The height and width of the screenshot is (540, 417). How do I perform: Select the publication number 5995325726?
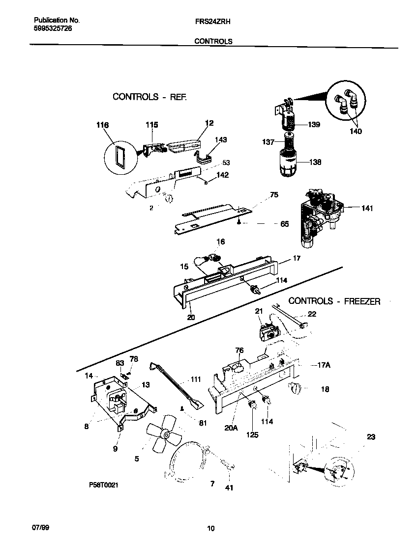[x=54, y=29]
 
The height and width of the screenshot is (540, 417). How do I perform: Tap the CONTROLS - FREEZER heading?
[x=334, y=301]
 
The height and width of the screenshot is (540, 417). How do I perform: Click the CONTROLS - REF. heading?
[x=149, y=97]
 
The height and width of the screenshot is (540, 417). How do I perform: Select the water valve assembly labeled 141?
[x=318, y=213]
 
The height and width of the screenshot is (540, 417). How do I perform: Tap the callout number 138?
[x=315, y=162]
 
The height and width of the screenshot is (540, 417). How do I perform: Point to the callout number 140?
[x=355, y=131]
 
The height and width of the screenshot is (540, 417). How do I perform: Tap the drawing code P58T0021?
[x=104, y=485]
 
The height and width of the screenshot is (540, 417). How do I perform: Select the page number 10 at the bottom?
[x=210, y=529]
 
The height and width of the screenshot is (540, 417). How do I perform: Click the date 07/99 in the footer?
[x=41, y=527]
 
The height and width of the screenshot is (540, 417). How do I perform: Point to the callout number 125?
[x=253, y=434]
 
